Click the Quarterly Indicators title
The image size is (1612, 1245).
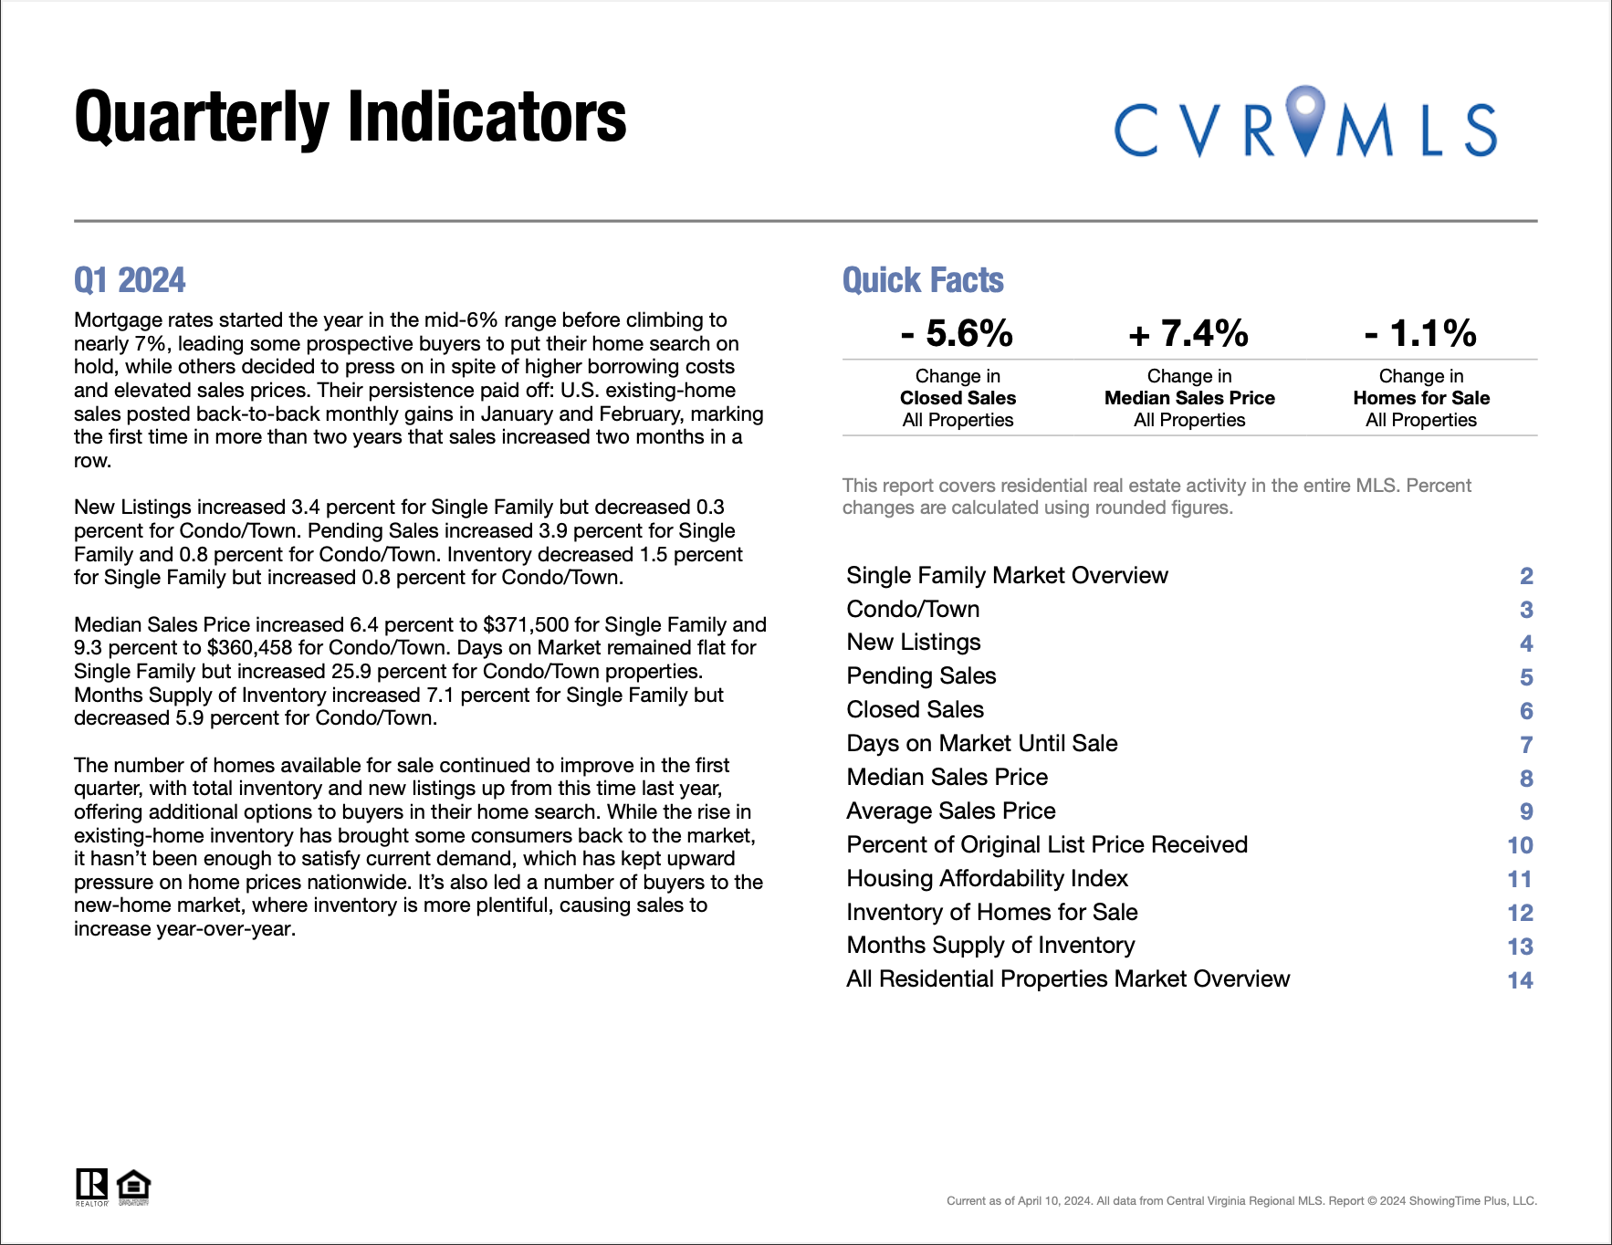(350, 118)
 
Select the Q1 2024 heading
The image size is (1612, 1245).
(130, 280)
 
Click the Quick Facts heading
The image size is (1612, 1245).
(923, 280)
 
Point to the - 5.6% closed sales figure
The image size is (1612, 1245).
(957, 333)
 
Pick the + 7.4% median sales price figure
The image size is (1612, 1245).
(1188, 333)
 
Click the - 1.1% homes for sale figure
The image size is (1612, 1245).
(1420, 333)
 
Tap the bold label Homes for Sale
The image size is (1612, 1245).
(1421, 398)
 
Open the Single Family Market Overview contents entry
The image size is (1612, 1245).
(1007, 575)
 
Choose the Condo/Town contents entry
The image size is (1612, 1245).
(913, 609)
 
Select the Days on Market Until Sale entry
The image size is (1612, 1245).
(981, 743)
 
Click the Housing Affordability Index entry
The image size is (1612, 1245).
(987, 878)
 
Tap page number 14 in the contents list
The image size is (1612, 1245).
(1520, 980)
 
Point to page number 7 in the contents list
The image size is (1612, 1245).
(1526, 745)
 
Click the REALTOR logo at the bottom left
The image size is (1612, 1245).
(91, 1186)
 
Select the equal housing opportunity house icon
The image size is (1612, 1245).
(134, 1186)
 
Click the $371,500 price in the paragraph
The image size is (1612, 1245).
(526, 625)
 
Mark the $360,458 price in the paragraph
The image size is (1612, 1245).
(249, 648)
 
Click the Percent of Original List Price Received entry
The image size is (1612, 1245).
(1047, 844)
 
